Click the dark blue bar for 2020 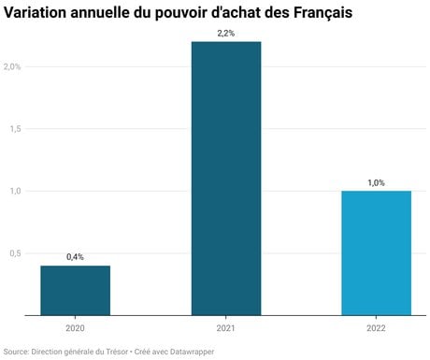click(76, 291)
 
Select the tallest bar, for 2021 click(226, 179)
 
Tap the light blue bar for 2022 click(377, 253)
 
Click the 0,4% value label click(75, 257)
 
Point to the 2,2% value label click(226, 33)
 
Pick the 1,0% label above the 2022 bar click(376, 182)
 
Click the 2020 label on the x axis click(75, 328)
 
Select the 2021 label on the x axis click(226, 328)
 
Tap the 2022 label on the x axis click(376, 328)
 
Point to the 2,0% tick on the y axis click(12, 66)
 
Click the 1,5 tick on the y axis click(16, 128)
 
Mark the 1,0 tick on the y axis click(16, 191)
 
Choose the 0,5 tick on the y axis click(16, 253)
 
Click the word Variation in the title click(36, 12)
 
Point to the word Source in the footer click(16, 352)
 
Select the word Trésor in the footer click(117, 352)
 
